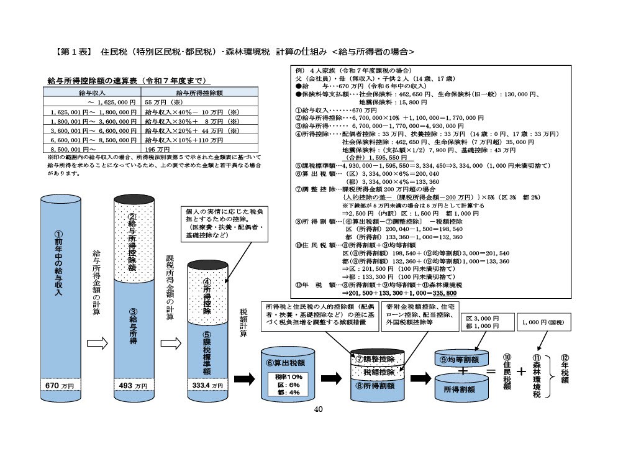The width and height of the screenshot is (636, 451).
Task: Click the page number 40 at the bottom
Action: (x=319, y=409)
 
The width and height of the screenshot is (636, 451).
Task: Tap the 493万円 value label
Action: (x=132, y=385)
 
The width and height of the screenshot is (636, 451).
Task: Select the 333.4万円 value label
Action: (x=208, y=385)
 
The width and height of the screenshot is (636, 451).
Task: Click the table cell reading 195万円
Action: (x=157, y=149)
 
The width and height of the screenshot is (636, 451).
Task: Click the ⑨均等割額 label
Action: (x=460, y=358)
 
